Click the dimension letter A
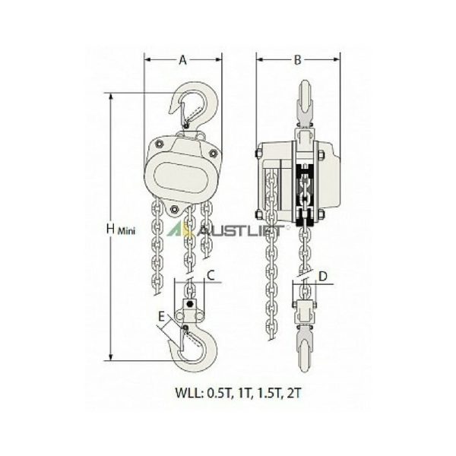coord(182,60)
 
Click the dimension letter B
coord(297,60)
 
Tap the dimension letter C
coord(211,275)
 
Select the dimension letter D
coord(323,277)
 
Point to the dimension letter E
coord(162,316)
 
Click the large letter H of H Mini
coord(110,229)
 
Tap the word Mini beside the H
coord(126,232)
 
